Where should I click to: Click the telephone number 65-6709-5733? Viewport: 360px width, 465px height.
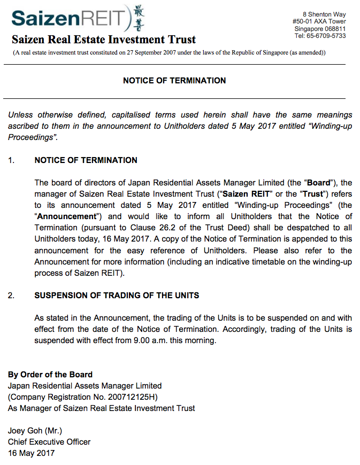coord(324,36)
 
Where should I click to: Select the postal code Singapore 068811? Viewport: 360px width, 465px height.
coord(320,29)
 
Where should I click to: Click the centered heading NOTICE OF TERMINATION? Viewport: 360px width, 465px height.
coord(174,81)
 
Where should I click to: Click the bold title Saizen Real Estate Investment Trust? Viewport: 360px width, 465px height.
coord(104,40)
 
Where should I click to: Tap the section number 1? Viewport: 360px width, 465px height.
coord(12,160)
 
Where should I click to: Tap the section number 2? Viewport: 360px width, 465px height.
coord(12,296)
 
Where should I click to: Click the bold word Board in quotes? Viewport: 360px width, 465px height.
coord(318,182)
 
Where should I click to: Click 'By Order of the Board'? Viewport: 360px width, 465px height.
coord(50,374)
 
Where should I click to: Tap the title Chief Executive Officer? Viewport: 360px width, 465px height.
coord(49,442)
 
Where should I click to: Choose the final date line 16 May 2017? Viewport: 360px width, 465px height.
coord(31,453)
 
